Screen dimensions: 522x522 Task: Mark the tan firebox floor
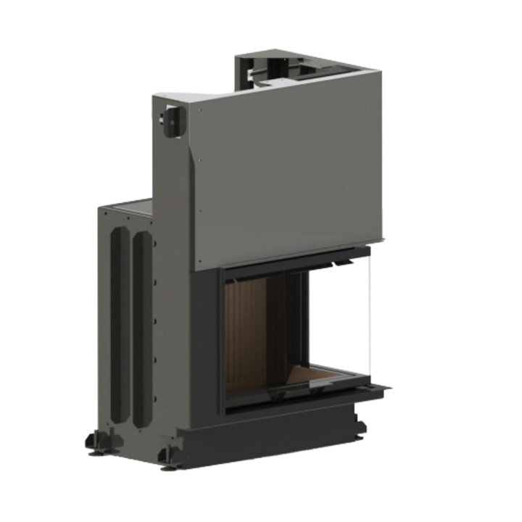coord(330,377)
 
